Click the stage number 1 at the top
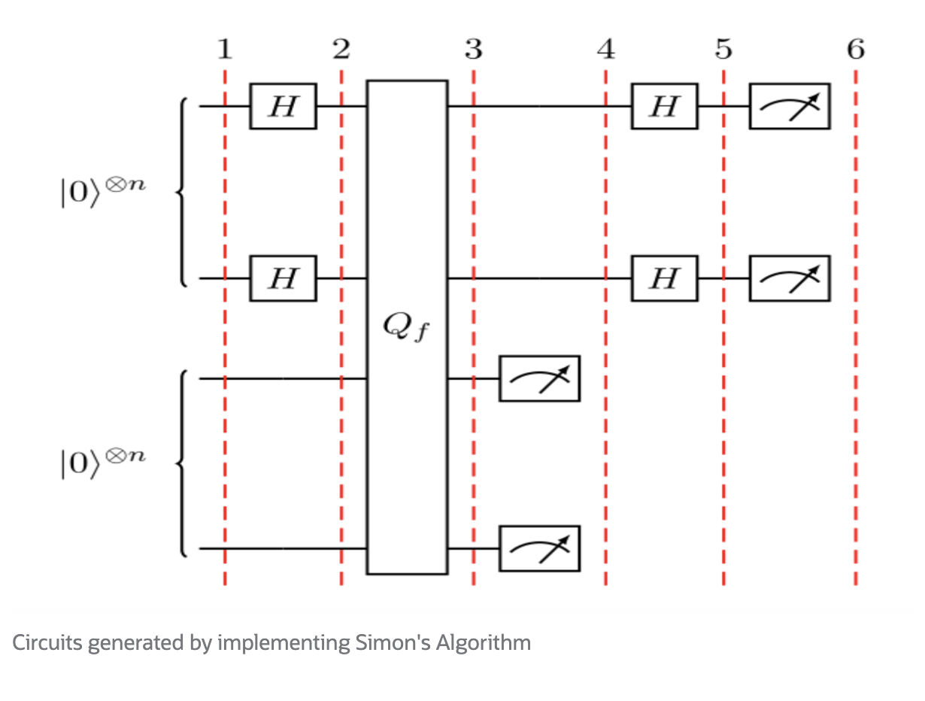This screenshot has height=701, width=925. [224, 50]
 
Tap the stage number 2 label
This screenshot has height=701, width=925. [341, 50]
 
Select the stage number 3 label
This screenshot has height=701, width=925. [473, 50]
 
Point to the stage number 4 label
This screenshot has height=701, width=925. [605, 50]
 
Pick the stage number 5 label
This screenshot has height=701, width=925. [723, 50]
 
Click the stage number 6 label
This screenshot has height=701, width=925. [856, 50]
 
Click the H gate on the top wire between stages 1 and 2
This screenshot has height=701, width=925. [283, 107]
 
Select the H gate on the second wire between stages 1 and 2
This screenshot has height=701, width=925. [283, 279]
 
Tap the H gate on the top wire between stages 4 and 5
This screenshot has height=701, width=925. [664, 107]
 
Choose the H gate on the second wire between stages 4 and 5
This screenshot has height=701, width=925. [664, 279]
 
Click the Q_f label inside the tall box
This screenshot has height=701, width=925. [407, 328]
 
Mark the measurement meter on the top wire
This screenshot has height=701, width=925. [790, 107]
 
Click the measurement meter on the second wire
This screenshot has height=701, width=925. [790, 279]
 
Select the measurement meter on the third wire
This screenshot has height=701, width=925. [540, 378]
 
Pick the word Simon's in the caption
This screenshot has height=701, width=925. [381, 643]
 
